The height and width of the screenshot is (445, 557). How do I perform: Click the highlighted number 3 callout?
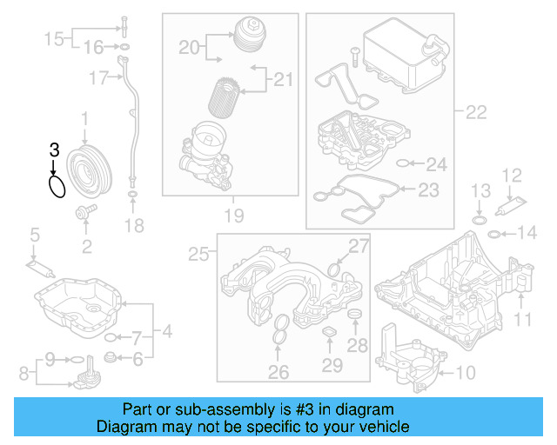coord(54,149)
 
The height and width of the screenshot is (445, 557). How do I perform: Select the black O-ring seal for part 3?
coord(57,185)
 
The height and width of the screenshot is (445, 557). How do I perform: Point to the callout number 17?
coord(97,78)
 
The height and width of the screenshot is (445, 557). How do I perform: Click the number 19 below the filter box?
coord(232,215)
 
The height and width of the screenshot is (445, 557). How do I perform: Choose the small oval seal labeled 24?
coord(401,163)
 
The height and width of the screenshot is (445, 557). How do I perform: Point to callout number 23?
coord(429,189)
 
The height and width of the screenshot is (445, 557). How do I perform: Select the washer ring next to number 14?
coord(493,233)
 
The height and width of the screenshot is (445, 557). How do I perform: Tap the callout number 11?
coord(521,321)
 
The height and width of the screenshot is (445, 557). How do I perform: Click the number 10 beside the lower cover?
coord(466,374)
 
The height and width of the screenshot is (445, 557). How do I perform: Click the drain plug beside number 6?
coord(110,357)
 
